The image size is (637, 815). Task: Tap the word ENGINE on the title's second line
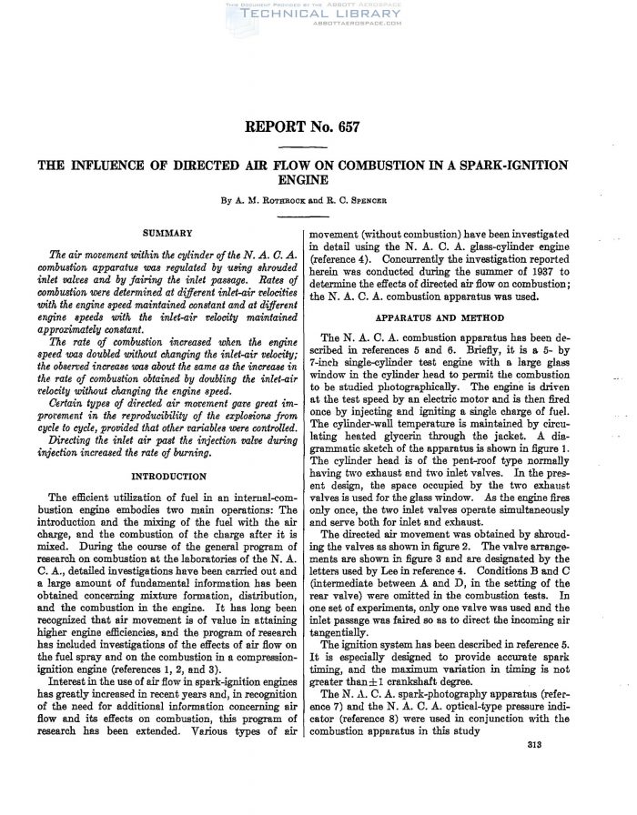318,181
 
